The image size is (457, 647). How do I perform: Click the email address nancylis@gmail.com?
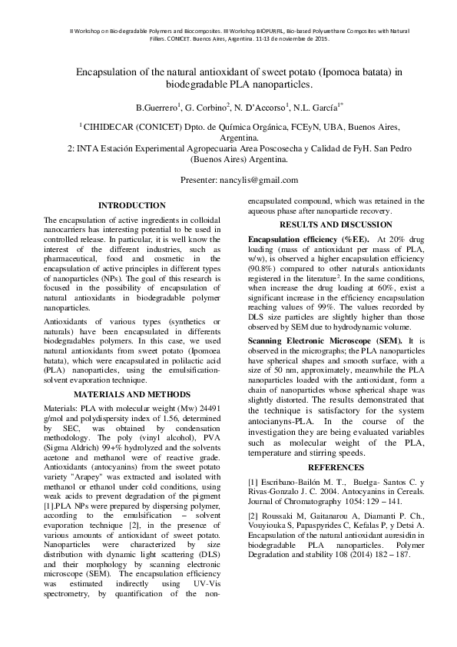(x=261, y=179)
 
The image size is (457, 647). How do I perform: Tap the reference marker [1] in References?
(x=253, y=482)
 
